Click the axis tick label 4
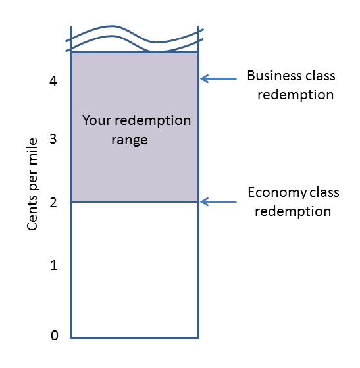point(53,81)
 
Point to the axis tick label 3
point(53,138)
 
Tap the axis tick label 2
point(53,202)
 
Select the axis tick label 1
point(54,265)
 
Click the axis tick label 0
point(55,335)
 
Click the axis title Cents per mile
point(32,184)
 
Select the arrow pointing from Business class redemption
point(219,78)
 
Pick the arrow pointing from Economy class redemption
point(219,202)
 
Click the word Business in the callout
point(272,76)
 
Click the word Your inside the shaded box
point(97,120)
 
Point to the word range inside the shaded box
point(130,140)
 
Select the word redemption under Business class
point(296,95)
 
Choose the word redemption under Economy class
point(293,212)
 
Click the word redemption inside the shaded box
point(153,121)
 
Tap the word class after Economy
point(324,192)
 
